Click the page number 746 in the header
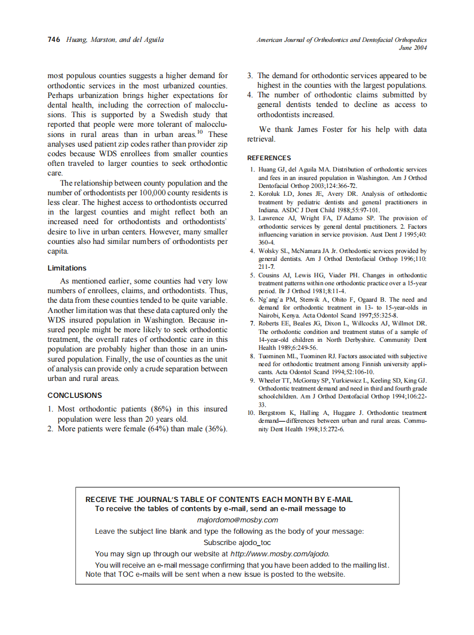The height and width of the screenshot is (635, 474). (54, 40)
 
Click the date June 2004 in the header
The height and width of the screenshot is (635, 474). (412, 48)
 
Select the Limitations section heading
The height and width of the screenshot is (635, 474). (67, 268)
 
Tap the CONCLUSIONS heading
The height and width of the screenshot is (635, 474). (75, 395)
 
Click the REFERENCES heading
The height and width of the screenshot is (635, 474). (269, 158)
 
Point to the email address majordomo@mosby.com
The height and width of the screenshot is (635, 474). (237, 520)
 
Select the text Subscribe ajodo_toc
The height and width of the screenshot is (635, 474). (237, 542)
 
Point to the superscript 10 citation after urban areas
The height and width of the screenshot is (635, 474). (200, 132)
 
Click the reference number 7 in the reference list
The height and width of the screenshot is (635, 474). (252, 323)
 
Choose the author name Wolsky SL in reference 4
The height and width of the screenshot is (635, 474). (274, 250)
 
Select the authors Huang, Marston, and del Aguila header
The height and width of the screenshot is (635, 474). (115, 40)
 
